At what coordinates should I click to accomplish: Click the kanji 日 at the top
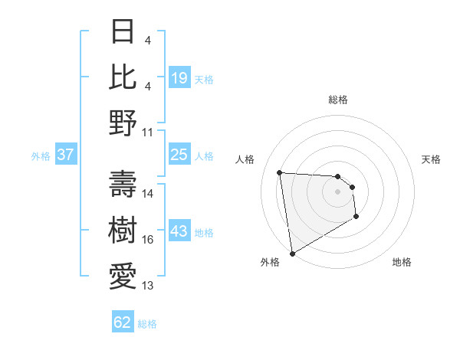point(123,32)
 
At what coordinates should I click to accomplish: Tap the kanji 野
point(123,122)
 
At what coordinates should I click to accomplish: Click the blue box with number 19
point(179,77)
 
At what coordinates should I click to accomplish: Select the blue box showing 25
point(179,155)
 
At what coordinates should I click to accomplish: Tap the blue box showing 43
point(179,232)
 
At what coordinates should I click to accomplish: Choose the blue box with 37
point(65,155)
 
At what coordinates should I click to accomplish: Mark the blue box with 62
point(123,322)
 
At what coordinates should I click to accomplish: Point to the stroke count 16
point(148,240)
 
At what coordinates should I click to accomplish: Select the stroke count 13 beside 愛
point(148,286)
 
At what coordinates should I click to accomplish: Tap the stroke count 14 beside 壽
point(148,194)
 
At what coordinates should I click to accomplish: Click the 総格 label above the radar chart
point(338,100)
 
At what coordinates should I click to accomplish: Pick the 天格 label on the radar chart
point(431,159)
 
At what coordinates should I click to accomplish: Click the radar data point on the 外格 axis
point(292,253)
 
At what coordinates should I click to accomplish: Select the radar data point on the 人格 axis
point(280,172)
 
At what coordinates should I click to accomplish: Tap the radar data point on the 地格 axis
point(356,218)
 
